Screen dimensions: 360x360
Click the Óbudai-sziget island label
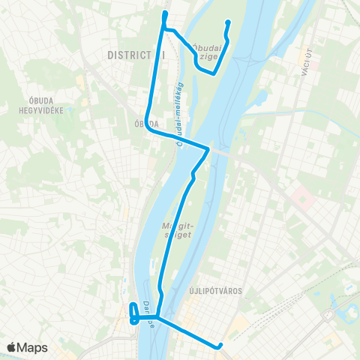207,51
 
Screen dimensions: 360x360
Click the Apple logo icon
12,347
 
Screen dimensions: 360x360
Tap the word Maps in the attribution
33,347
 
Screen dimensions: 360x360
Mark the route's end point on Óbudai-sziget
227,22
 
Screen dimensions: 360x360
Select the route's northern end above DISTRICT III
164,13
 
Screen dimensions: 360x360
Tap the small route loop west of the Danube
133,313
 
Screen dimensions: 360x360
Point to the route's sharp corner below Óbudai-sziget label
214,73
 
